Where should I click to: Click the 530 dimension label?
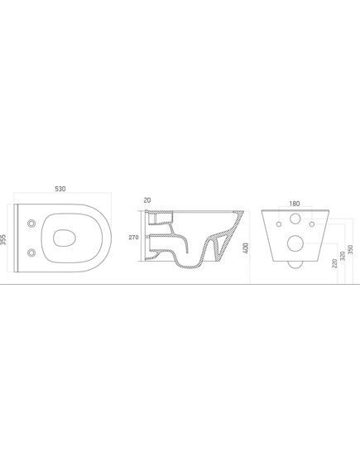click(x=60, y=189)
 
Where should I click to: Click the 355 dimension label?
click(x=3, y=240)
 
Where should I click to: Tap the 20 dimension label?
click(x=147, y=200)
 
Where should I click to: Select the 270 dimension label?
click(x=133, y=238)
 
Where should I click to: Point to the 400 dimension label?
click(x=246, y=248)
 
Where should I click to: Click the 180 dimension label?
click(x=295, y=204)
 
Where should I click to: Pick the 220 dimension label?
click(x=335, y=263)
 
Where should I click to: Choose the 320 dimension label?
click(x=343, y=256)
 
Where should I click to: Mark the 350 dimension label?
click(x=350, y=250)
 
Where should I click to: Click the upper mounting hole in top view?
click(x=31, y=223)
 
